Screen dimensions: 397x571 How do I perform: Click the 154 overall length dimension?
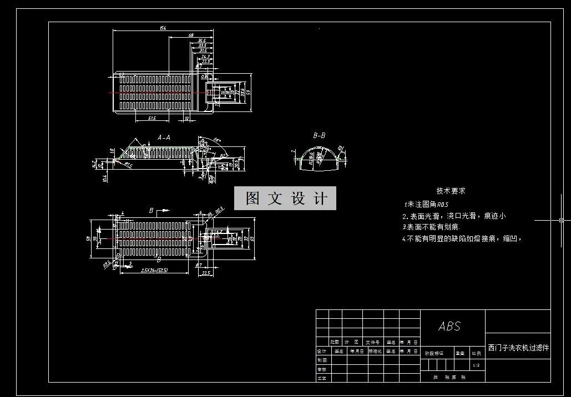163,28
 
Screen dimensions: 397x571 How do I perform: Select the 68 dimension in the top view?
191,35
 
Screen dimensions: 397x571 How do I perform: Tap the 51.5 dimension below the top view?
151,118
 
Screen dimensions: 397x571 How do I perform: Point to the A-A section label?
164,137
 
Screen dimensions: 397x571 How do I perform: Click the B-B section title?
319,135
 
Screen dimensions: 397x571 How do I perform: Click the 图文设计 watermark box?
285,198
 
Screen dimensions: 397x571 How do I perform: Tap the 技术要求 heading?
451,191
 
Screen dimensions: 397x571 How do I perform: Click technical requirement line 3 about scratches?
431,227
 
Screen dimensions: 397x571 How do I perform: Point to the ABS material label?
449,326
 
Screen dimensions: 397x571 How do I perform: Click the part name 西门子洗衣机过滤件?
518,348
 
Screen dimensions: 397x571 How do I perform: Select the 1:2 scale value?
476,365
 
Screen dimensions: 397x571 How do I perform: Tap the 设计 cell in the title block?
322,351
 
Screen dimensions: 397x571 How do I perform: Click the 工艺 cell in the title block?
322,378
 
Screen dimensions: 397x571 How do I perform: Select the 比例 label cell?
476,353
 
